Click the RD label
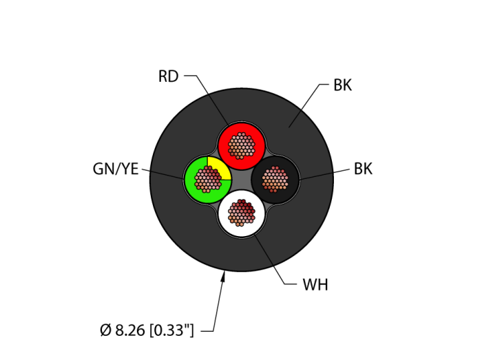pos(168,76)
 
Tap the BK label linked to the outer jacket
pos(342,85)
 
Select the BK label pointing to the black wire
pos(363,169)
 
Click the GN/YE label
pos(116,169)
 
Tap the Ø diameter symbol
pos(105,331)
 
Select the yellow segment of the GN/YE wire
pos(220,165)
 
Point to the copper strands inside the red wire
pos(242,145)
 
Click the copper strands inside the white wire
pos(242,212)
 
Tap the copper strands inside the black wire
pos(275,179)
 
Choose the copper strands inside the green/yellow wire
pos(208,179)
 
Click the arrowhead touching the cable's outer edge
pos(223,276)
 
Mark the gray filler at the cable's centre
pos(242,179)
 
